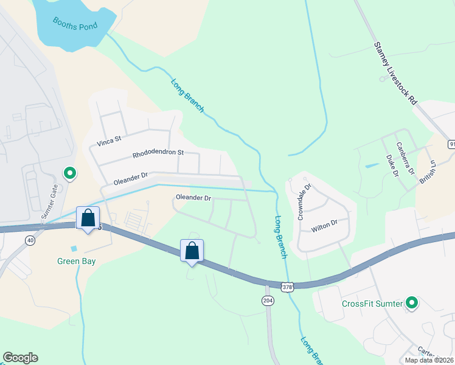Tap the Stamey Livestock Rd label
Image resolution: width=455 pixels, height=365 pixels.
(396, 73)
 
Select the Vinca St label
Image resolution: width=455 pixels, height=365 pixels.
(109, 143)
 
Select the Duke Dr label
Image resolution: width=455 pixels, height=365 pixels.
(392, 165)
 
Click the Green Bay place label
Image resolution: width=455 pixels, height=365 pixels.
(76, 261)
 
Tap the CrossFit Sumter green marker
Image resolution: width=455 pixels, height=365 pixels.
(412, 302)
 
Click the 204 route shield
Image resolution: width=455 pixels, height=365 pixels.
(268, 301)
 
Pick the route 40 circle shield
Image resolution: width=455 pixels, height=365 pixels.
(30, 241)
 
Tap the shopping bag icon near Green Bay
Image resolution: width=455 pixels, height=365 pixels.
(88, 217)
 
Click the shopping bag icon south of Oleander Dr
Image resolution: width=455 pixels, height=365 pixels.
(192, 250)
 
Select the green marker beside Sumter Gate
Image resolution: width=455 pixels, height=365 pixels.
(70, 174)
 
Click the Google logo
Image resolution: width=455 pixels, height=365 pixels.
(20, 358)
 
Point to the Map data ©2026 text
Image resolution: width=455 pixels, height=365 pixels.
(429, 360)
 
